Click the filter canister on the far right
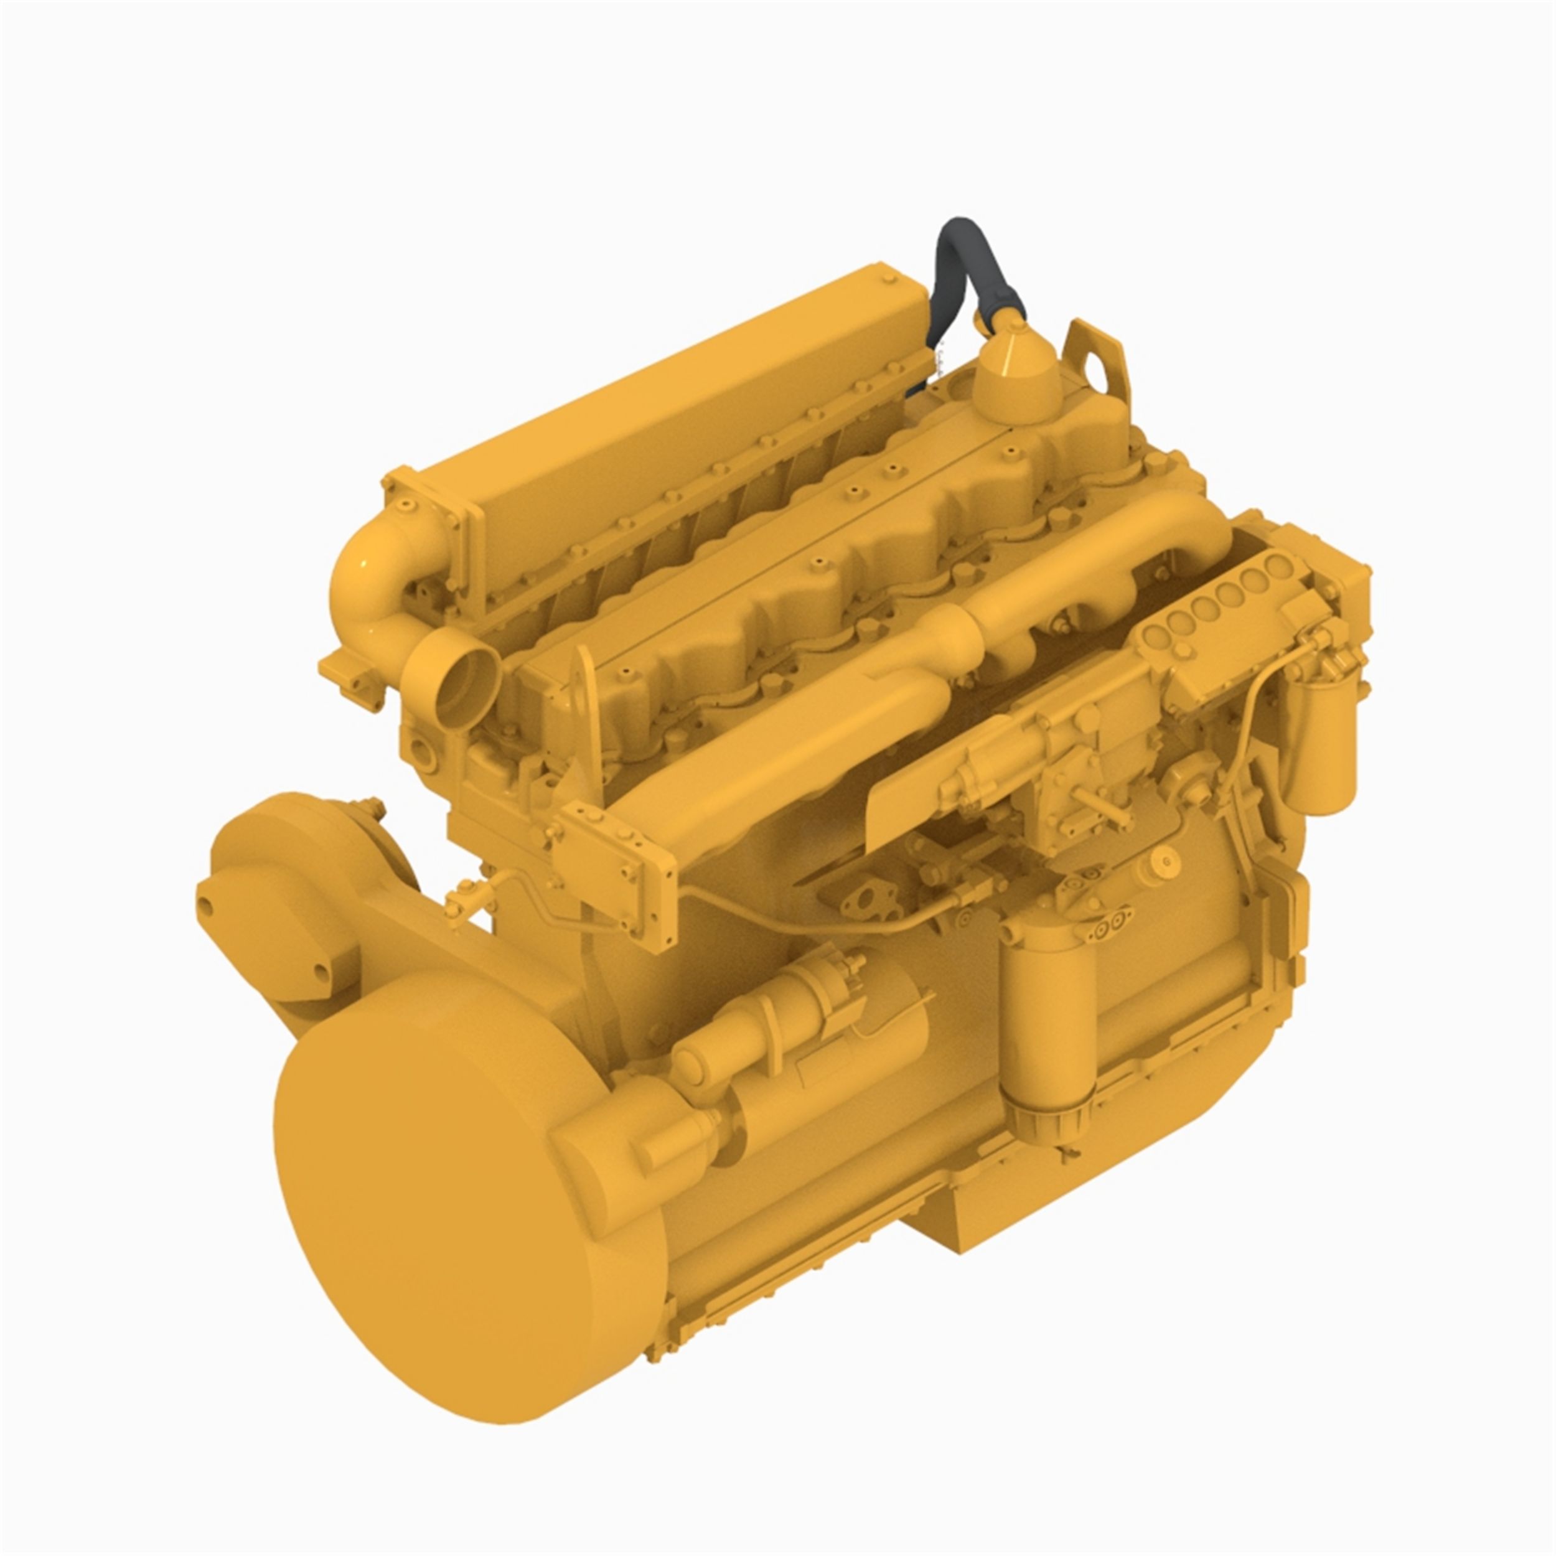point(1321,749)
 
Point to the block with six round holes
point(1224,612)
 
